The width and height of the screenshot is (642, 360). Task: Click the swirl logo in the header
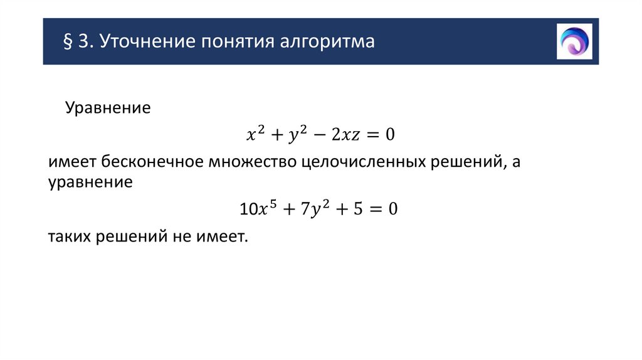tap(574, 41)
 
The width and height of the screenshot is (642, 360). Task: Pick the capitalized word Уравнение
tap(108, 108)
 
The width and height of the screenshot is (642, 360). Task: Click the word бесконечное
tap(151, 162)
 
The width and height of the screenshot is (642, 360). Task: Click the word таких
tap(69, 237)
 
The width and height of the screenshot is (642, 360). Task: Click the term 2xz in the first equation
tap(344, 134)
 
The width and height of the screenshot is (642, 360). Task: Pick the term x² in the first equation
tap(253, 134)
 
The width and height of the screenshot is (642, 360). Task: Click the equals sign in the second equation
tap(374, 209)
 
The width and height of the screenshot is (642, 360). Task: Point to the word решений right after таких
tap(128, 237)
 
